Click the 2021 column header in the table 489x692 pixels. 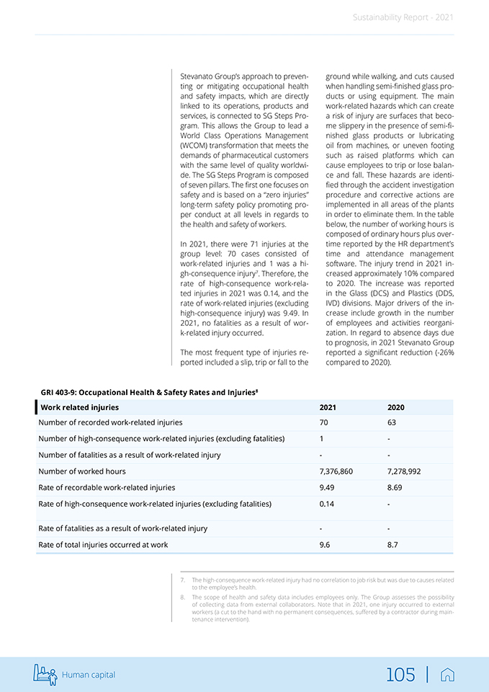tap(327, 407)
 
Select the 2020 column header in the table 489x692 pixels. tap(395, 407)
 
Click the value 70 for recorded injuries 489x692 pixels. tap(323, 422)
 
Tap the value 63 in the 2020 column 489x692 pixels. tap(392, 422)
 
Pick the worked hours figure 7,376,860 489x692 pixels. tap(336, 471)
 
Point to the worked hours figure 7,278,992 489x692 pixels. tap(404, 471)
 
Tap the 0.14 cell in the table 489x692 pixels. tap(327, 503)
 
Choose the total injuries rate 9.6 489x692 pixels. tap(324, 545)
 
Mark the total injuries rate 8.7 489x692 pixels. tap(392, 545)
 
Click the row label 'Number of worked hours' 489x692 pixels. tap(82, 471)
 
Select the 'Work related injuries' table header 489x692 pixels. tap(80, 407)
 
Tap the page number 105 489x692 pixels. tap(400, 675)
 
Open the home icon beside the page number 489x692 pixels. tap(447, 675)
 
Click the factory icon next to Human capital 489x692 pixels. tap(45, 674)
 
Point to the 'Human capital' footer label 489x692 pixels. tap(89, 675)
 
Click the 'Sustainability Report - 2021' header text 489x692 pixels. tap(403, 17)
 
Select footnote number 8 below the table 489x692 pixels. tap(184, 597)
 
